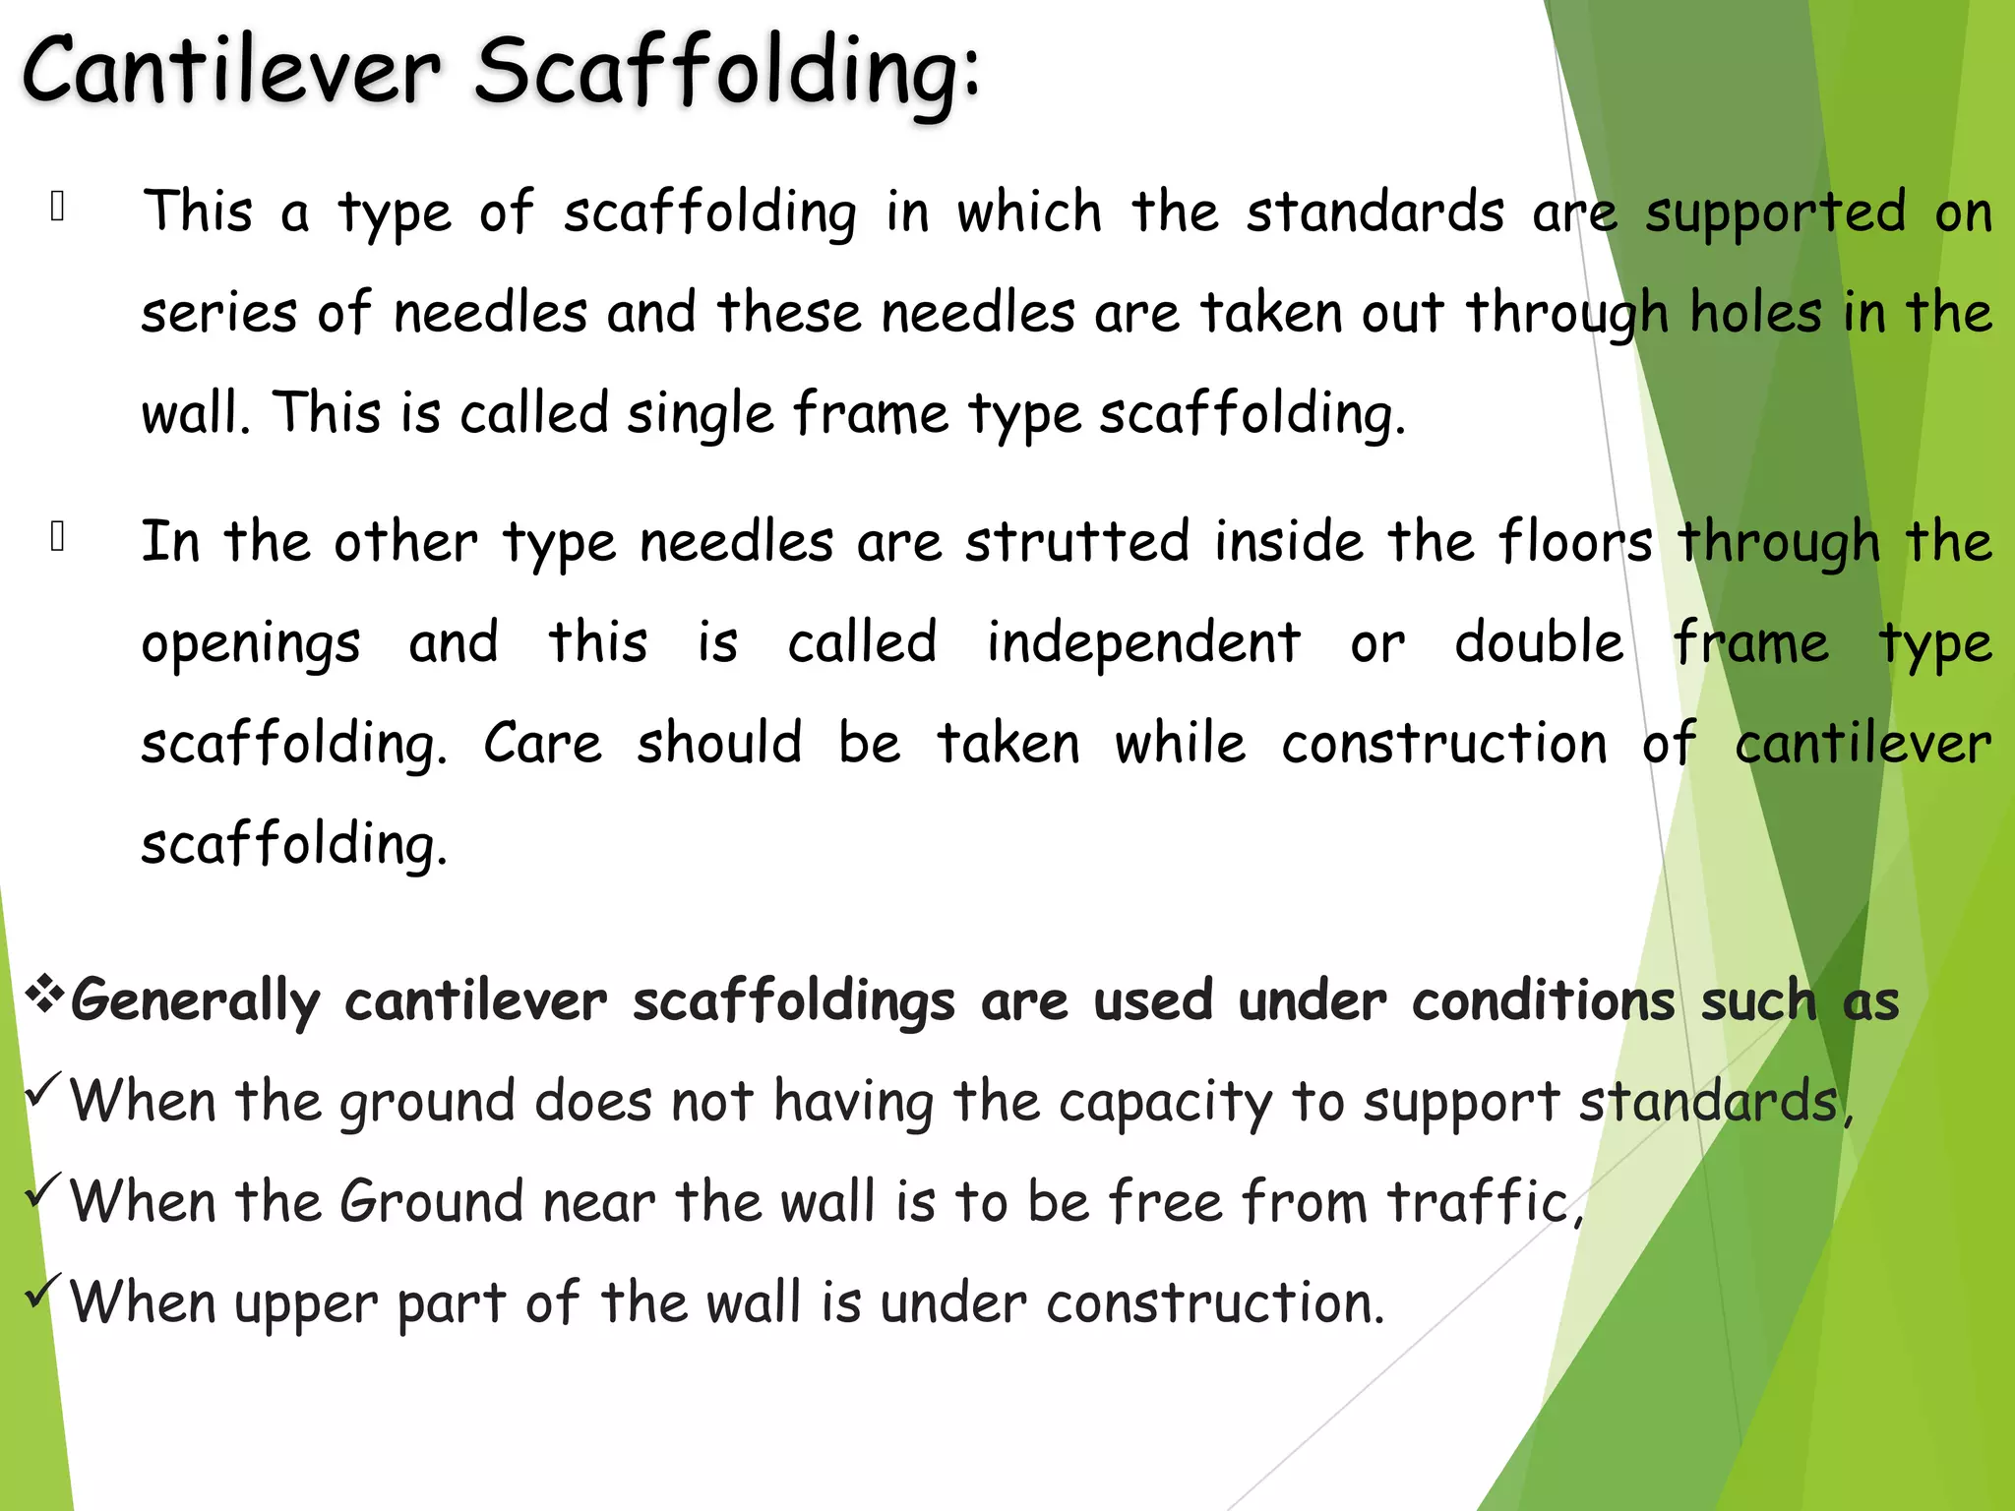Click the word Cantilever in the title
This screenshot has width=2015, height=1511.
click(231, 71)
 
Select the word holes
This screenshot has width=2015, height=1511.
click(1756, 314)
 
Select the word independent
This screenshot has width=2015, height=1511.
click(1143, 643)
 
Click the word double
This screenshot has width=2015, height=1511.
click(1539, 643)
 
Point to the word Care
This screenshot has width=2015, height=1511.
click(542, 744)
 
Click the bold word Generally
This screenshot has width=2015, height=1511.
click(195, 1002)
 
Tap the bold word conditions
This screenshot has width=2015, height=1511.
click(1543, 1002)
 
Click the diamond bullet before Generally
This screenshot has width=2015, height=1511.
click(43, 995)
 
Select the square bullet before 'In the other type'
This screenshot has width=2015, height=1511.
click(58, 536)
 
